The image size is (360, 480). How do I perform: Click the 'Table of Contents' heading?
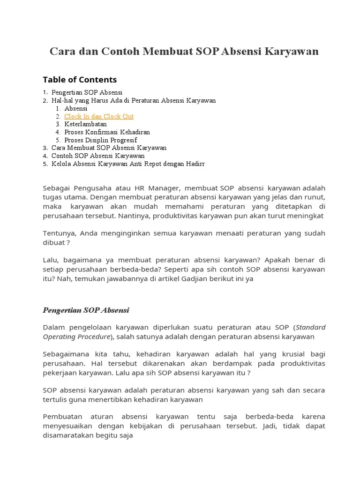click(80, 79)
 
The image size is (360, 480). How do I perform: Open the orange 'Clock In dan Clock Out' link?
click(99, 116)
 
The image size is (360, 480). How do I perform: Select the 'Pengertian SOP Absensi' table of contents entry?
click(87, 92)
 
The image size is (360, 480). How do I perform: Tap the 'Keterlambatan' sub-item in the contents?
click(85, 124)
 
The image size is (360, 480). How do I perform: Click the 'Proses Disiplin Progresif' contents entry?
click(101, 140)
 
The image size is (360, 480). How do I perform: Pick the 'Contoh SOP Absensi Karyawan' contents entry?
click(98, 156)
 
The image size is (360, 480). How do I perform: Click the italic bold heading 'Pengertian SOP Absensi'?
click(86, 310)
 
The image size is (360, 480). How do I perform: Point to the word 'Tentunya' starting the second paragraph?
click(60, 233)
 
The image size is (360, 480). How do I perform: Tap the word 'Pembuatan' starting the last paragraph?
click(60, 416)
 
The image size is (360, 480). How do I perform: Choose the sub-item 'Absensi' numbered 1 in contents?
click(76, 108)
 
